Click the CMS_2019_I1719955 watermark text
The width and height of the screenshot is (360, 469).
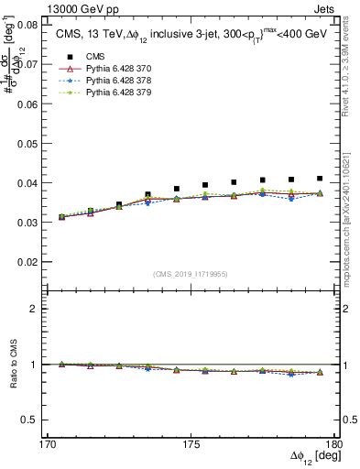(x=191, y=273)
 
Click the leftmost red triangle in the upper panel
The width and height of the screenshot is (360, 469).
(x=61, y=217)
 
